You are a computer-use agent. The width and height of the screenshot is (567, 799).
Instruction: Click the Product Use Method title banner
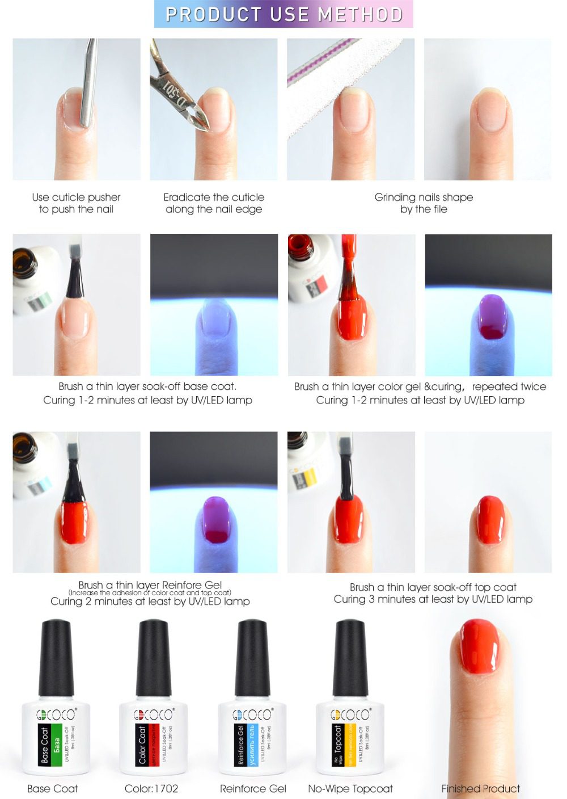tap(283, 14)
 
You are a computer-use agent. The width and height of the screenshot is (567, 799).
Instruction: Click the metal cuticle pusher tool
tap(88, 85)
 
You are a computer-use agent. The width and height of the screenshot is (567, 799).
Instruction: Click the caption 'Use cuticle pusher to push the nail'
tap(76, 203)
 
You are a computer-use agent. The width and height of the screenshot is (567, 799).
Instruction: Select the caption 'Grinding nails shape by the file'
tap(424, 203)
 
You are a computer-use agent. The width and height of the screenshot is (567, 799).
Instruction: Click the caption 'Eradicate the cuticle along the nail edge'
tap(214, 203)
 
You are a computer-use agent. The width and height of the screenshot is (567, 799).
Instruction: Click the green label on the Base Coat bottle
tap(56, 744)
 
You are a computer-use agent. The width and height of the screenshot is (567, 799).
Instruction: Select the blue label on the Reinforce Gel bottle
tap(252, 744)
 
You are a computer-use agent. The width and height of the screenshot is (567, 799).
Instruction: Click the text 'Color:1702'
tap(151, 789)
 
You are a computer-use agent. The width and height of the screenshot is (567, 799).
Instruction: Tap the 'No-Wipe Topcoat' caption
tap(350, 789)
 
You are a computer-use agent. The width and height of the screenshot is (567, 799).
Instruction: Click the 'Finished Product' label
tap(480, 789)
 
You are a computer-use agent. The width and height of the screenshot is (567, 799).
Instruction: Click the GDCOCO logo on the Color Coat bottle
tap(153, 714)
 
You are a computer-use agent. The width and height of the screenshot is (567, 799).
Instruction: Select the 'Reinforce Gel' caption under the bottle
tap(253, 789)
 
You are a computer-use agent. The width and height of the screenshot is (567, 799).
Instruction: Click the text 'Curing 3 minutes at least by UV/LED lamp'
tap(433, 599)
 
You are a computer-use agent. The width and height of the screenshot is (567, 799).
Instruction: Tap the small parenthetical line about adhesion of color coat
tap(150, 592)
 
